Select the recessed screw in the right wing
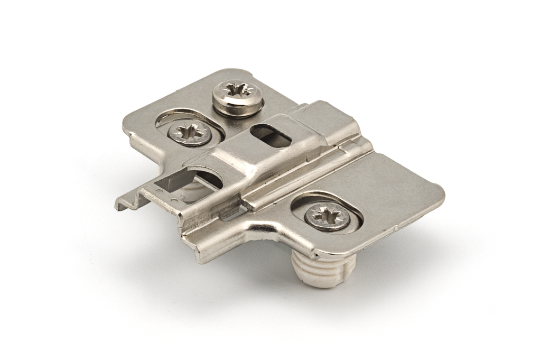pos(327,216)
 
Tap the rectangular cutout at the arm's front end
pos(168,185)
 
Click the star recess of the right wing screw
pos(327,215)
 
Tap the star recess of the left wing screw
pos(190,132)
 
